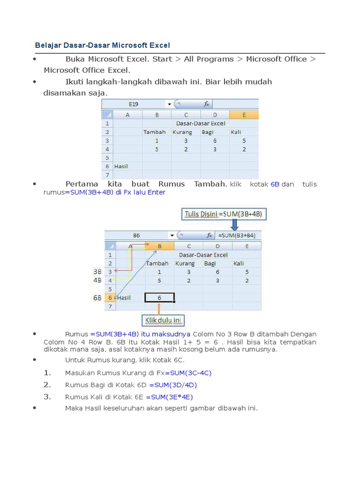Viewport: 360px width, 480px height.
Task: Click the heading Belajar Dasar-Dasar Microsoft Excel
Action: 102,45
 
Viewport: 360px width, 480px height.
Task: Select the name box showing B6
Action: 136,235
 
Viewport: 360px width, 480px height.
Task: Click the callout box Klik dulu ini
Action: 163,321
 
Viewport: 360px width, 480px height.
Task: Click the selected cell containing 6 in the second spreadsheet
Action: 159,297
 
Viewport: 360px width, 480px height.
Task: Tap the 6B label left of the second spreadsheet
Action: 97,298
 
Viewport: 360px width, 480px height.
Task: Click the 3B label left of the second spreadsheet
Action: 97,271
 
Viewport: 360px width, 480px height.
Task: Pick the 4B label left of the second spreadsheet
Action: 97,280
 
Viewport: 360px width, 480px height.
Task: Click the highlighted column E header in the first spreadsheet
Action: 244,115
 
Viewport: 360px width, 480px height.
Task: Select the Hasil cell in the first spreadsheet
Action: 121,166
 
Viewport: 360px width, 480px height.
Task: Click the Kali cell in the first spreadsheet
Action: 236,132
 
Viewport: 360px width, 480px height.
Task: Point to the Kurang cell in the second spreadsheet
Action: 185,263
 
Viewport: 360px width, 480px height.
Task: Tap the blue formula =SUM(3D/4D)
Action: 173,385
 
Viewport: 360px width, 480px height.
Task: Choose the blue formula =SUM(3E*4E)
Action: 170,397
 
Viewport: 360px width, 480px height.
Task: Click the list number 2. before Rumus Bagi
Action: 47,385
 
